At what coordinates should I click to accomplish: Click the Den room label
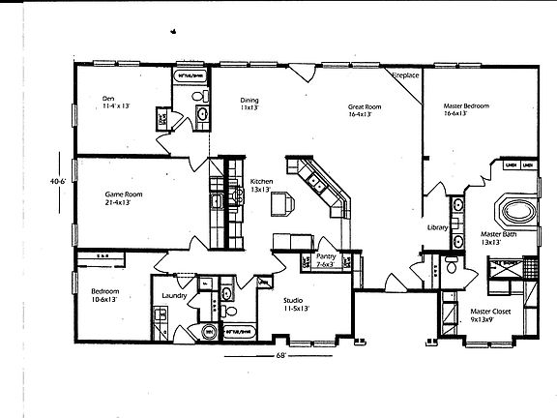pos(109,99)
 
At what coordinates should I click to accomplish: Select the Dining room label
pos(249,100)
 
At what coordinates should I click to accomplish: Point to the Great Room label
pos(366,106)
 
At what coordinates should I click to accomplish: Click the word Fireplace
pos(404,75)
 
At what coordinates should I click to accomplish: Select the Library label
pos(437,227)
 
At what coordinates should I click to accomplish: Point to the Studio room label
pos(295,301)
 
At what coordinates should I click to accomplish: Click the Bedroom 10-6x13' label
pos(106,290)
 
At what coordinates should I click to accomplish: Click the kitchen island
pos(281,204)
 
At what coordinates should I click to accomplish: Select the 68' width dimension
pos(280,355)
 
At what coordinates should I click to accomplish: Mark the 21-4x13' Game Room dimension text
pos(124,203)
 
